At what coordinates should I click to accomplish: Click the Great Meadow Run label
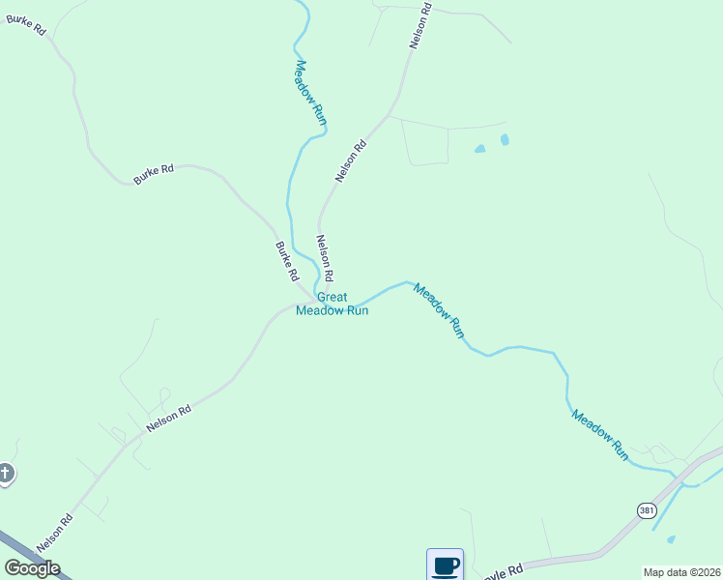(x=332, y=304)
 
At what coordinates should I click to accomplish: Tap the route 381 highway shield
(x=646, y=509)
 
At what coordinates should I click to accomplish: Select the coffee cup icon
(x=445, y=565)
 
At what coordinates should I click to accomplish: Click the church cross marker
(x=6, y=474)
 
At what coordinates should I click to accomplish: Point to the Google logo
(x=32, y=568)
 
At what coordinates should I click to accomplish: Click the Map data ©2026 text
(x=681, y=572)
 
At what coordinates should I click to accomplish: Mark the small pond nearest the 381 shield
(x=671, y=539)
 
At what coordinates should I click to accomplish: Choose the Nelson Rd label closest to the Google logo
(x=55, y=534)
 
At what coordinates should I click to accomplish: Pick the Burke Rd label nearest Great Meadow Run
(x=287, y=261)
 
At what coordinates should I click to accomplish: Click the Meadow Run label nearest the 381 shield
(x=600, y=435)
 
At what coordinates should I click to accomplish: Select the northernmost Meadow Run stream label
(x=311, y=93)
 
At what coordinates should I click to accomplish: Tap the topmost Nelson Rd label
(x=419, y=25)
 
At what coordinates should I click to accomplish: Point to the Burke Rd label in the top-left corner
(x=26, y=25)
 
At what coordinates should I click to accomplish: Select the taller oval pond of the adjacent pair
(x=505, y=140)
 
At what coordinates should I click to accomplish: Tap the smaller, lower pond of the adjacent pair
(x=479, y=150)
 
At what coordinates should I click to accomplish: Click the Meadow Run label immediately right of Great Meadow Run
(x=440, y=310)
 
